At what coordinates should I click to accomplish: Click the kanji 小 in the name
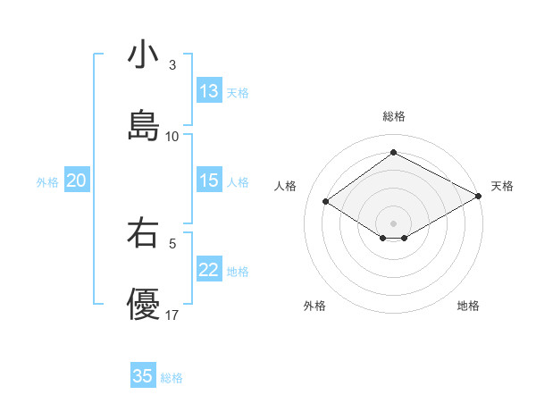[x=144, y=55]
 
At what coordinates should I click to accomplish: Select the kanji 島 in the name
[x=144, y=126]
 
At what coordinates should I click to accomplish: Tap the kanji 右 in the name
[x=144, y=233]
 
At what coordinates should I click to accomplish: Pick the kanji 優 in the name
[x=144, y=305]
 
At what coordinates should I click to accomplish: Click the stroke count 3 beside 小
[x=172, y=65]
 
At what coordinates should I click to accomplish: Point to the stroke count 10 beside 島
[x=172, y=137]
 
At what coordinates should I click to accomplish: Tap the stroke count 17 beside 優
[x=172, y=315]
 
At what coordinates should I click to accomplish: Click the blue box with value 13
[x=209, y=91]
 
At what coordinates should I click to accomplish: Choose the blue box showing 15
[x=209, y=181]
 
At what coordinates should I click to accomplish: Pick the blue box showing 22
[x=209, y=270]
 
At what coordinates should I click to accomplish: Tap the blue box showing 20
[x=77, y=181]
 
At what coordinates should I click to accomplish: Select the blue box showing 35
[x=143, y=376]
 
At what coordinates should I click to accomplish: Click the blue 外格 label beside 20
[x=47, y=181]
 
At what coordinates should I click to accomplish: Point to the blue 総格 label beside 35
[x=172, y=378]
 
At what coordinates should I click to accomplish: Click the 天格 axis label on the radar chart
[x=502, y=186]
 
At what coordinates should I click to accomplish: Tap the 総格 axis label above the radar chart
[x=394, y=116]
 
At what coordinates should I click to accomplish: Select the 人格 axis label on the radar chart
[x=286, y=186]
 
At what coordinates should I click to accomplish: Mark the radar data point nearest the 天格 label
[x=479, y=197]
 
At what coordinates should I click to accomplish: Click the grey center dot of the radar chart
[x=394, y=223]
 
